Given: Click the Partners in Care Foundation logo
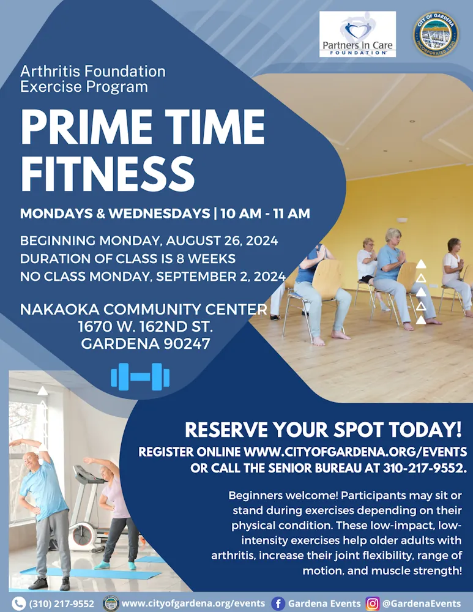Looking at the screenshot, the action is point(357,34).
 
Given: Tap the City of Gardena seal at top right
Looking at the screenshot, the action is point(436,34).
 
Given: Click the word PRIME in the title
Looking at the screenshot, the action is point(86,127).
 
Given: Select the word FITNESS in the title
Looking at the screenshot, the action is point(107,174).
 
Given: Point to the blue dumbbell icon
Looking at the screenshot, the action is point(140,376).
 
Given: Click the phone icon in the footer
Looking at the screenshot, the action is point(18,603).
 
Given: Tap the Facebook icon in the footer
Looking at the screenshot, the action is point(278,603).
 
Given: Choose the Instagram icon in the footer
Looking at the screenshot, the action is point(372,603).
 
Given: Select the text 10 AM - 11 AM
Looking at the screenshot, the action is point(266,214).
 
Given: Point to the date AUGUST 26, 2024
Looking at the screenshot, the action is point(222,241).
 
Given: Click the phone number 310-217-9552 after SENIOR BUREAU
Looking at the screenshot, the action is point(425,468).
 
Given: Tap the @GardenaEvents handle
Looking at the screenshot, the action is point(422,603).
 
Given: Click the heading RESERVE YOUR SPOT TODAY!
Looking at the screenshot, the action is point(323,430).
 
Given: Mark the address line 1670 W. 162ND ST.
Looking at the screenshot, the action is point(146,326).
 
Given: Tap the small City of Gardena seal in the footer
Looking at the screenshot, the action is point(111,603).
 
